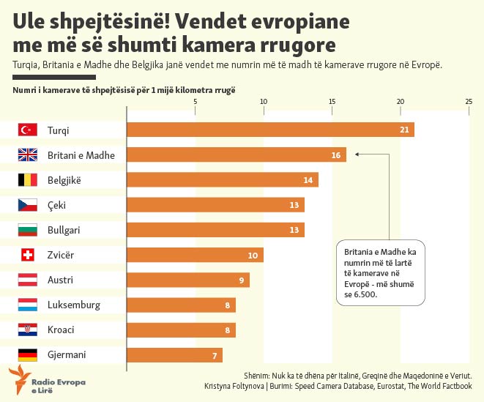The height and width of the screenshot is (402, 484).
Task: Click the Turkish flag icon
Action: [x=27, y=130]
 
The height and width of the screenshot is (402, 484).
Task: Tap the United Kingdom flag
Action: [x=27, y=155]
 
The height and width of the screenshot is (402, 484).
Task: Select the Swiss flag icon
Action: [x=27, y=255]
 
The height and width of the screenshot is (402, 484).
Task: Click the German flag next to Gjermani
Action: [x=27, y=355]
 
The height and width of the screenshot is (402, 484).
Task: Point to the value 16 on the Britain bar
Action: [x=336, y=155]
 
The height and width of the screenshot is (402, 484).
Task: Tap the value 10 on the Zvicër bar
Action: [x=253, y=256]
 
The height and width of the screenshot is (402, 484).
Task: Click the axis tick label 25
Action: [x=469, y=101]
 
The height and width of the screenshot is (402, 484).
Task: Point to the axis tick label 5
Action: [x=196, y=101]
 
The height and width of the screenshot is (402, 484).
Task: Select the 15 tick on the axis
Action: [x=332, y=101]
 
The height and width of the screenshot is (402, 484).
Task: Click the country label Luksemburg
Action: [x=73, y=305]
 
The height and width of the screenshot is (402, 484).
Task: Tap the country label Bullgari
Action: [x=64, y=230]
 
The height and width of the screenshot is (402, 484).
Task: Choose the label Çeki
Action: [x=56, y=205]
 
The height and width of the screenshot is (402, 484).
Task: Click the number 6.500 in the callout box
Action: [x=362, y=294]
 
